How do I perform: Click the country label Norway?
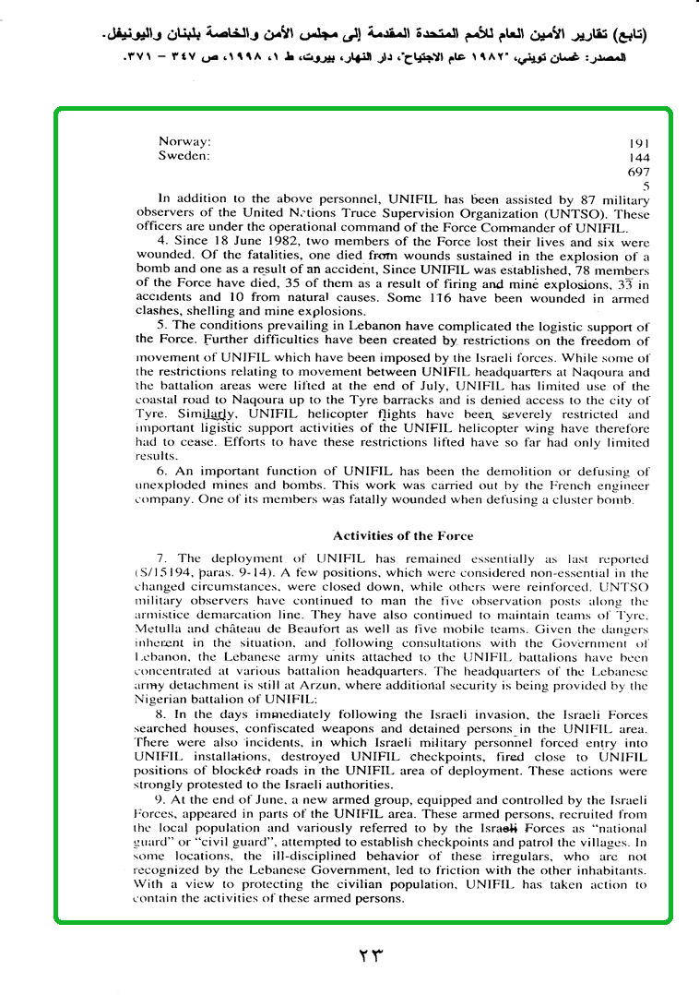click(184, 142)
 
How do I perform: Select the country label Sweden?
click(184, 156)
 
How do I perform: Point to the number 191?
click(639, 144)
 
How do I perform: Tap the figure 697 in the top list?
click(639, 172)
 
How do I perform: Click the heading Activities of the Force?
click(403, 535)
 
